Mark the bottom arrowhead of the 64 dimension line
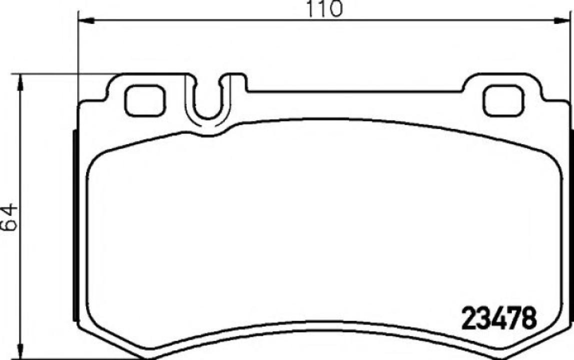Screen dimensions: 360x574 (20, 350)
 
